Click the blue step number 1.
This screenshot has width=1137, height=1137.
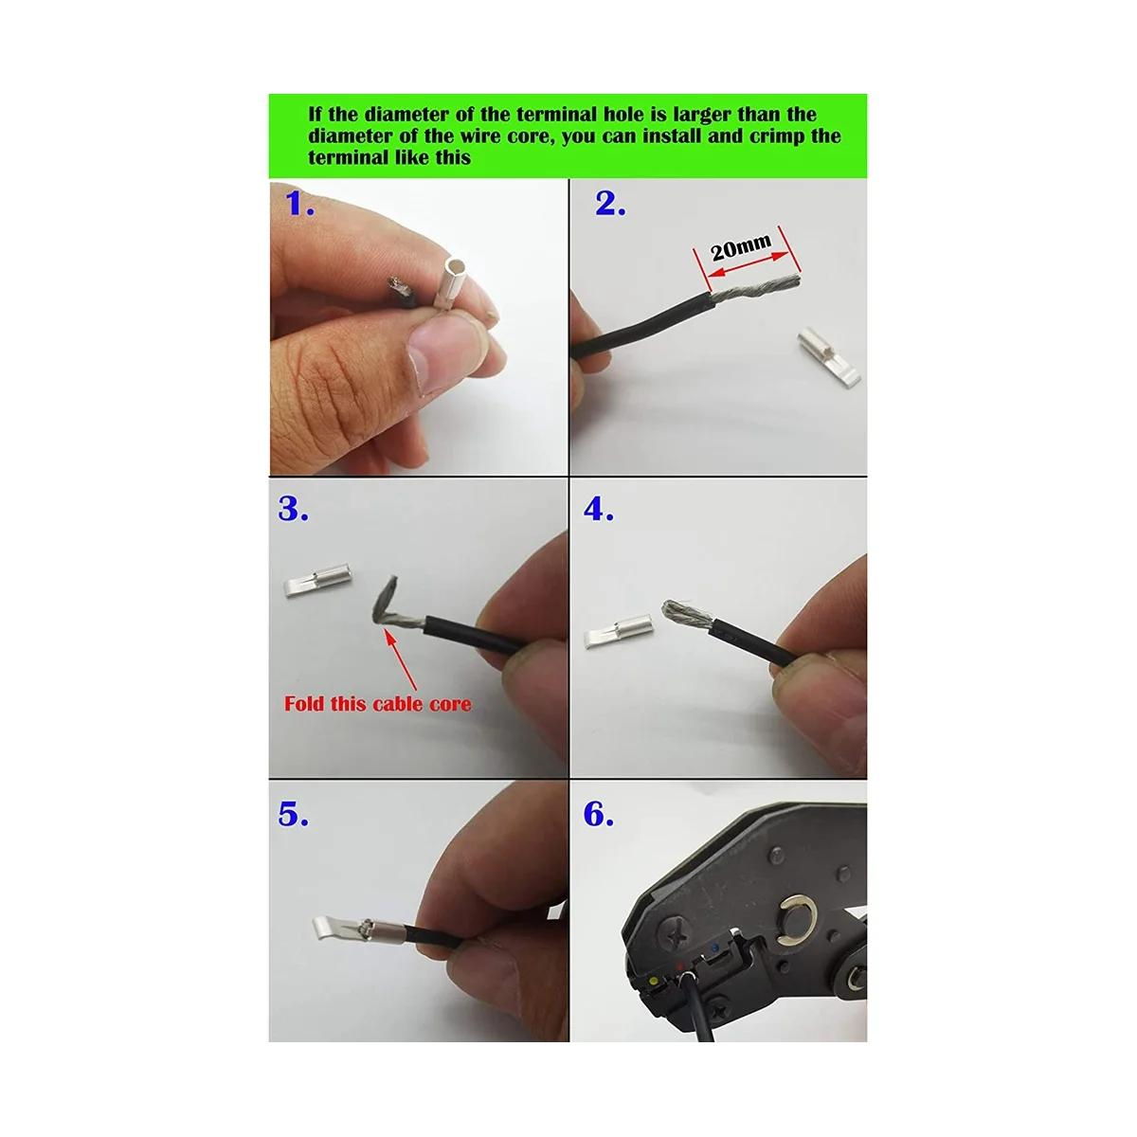[x=300, y=204]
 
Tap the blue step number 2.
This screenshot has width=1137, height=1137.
[x=610, y=204]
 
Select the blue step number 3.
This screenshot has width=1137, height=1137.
[x=294, y=510]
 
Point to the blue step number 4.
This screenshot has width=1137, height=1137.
[x=599, y=510]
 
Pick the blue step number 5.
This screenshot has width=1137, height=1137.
[x=294, y=815]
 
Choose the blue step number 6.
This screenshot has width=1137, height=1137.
[x=599, y=815]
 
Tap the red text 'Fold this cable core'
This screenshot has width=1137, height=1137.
[x=377, y=704]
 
